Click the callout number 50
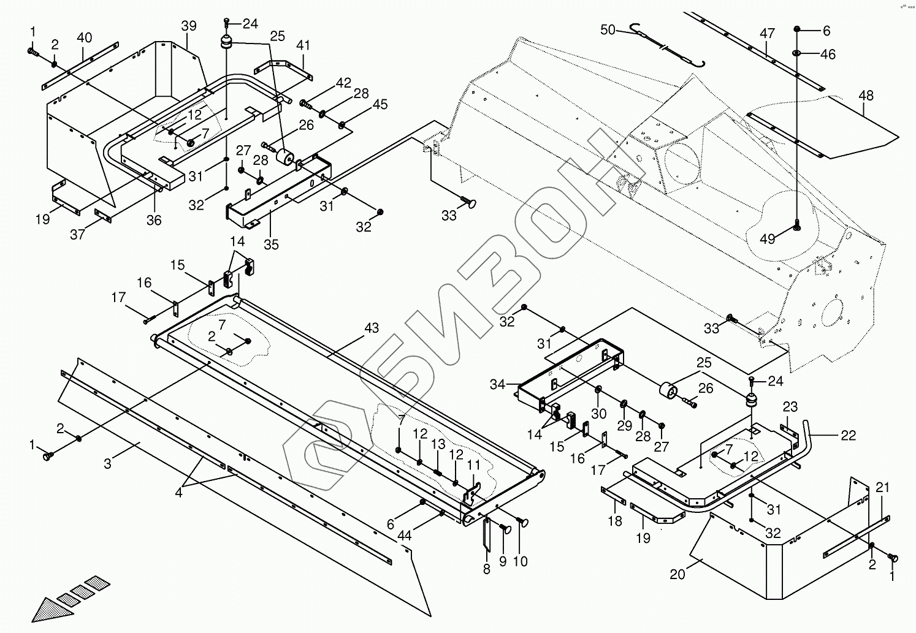608,30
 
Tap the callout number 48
866,96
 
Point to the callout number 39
189,26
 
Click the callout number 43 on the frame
372,328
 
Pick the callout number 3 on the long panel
108,464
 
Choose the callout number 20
677,574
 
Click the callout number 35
271,244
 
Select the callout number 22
848,436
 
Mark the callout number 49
768,240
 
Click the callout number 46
828,55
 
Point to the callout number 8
487,569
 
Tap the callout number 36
154,220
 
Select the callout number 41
303,45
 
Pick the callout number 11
474,466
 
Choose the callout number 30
598,414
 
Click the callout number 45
380,105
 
